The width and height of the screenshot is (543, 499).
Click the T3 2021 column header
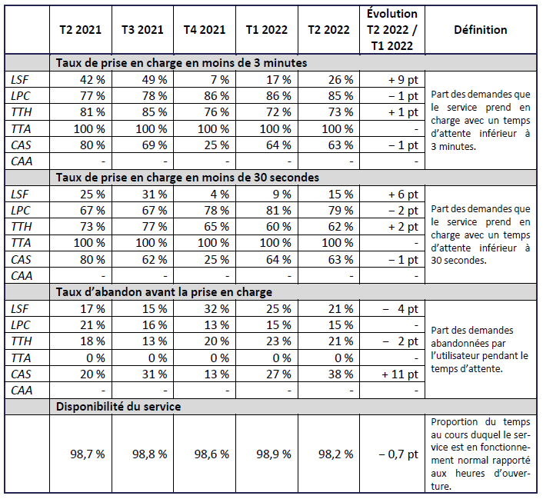(x=142, y=30)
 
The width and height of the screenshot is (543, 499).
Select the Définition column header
(x=480, y=30)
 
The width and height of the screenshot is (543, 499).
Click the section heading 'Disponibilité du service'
(x=118, y=406)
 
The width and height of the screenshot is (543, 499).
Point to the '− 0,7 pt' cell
(x=393, y=454)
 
